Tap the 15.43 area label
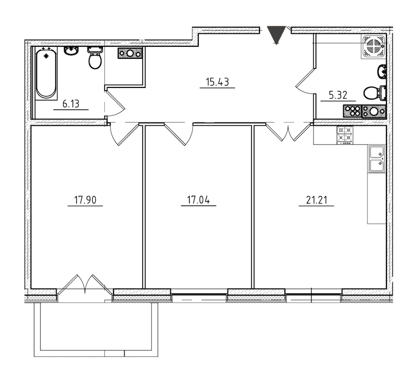pos(217,82)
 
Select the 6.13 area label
pos(71,104)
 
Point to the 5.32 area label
pos(338,95)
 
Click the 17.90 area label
pos(85,200)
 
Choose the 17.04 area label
pos(198,200)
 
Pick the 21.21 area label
pos(316,200)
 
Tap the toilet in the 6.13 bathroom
pos(95,58)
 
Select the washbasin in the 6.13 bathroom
pos(71,51)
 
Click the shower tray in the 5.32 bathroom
pos(373,46)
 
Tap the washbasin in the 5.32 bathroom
pos(382,71)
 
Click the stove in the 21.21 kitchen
pos(345,135)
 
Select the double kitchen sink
pos(377,158)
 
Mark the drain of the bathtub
pos(46,56)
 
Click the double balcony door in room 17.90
pos(85,285)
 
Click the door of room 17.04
pos(179,134)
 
